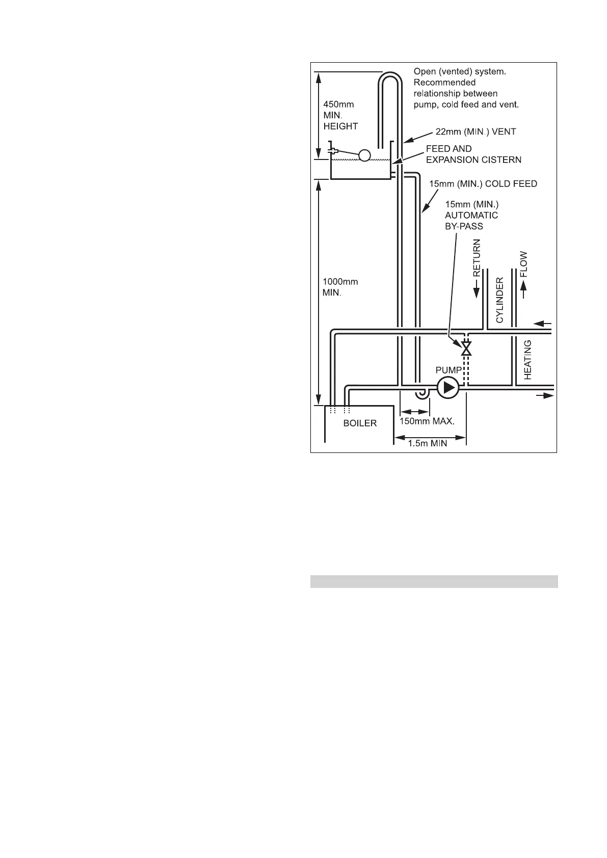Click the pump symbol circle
point(448,388)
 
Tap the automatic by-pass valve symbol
point(466,348)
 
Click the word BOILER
point(360,423)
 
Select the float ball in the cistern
point(364,155)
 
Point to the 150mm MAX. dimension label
point(427,421)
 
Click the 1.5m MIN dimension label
point(428,443)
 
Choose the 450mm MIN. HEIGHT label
point(340,115)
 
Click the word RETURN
point(477,258)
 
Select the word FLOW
point(523,264)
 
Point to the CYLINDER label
point(500,300)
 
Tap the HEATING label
point(528,360)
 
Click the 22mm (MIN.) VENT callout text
point(476,131)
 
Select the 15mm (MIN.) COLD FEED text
point(483,183)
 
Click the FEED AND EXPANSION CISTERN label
point(473,154)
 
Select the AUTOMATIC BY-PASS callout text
point(471,215)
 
